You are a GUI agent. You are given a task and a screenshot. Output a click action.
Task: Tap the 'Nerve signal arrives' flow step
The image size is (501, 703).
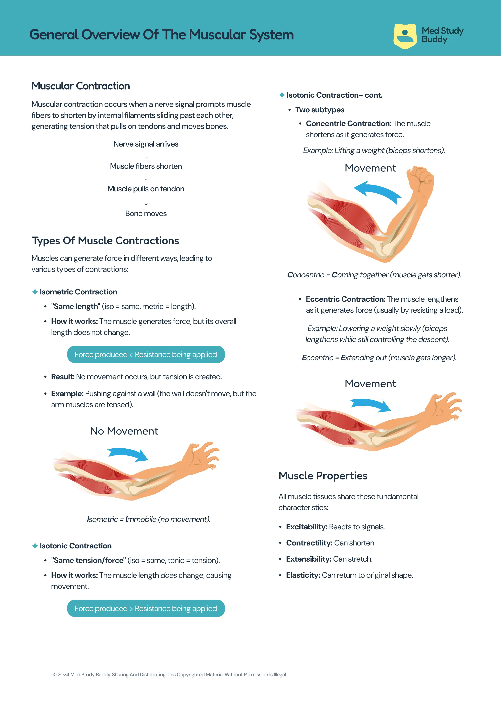pos(146,144)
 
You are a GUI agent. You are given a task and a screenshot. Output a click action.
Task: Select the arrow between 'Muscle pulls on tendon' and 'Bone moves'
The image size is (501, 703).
pos(146,202)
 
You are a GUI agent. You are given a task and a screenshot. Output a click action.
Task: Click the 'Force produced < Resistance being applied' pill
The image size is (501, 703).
pos(146,354)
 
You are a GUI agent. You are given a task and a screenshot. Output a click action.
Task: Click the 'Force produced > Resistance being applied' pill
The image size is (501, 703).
pos(146,608)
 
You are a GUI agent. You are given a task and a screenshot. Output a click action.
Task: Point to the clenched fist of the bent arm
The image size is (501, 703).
pos(420,178)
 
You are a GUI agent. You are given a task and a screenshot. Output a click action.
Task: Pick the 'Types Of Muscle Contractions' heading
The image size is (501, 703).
pos(105,241)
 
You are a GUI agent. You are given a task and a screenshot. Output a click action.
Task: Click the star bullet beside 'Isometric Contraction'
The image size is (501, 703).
pos(35,292)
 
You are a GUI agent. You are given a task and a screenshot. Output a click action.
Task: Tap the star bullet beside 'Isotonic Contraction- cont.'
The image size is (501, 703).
pos(282,95)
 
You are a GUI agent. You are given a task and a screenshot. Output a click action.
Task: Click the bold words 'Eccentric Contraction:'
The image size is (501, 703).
pos(346,299)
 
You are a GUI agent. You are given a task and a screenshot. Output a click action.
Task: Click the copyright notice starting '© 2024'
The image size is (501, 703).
pos(170,675)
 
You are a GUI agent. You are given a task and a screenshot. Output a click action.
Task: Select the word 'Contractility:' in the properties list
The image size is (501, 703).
pos(309,543)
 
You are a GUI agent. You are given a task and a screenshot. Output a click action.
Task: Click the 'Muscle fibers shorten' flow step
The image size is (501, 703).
pos(146,166)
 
